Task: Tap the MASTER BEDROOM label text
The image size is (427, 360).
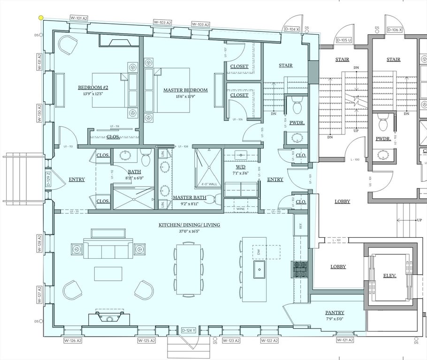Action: pyautogui.click(x=185, y=90)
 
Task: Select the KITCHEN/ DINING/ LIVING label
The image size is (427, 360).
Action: pyautogui.click(x=189, y=225)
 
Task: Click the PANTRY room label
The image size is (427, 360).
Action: pyautogui.click(x=335, y=313)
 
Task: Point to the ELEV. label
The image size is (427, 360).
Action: pyautogui.click(x=389, y=276)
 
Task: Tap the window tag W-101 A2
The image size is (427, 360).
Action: pyautogui.click(x=79, y=18)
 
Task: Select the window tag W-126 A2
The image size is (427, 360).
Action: pyautogui.click(x=73, y=341)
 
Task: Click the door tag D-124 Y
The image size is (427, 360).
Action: pyautogui.click(x=189, y=330)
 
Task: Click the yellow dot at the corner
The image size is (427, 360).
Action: pyautogui.click(x=41, y=18)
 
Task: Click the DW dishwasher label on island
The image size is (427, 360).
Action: pyautogui.click(x=259, y=252)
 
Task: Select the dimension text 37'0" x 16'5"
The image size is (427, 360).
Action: pyautogui.click(x=189, y=231)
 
